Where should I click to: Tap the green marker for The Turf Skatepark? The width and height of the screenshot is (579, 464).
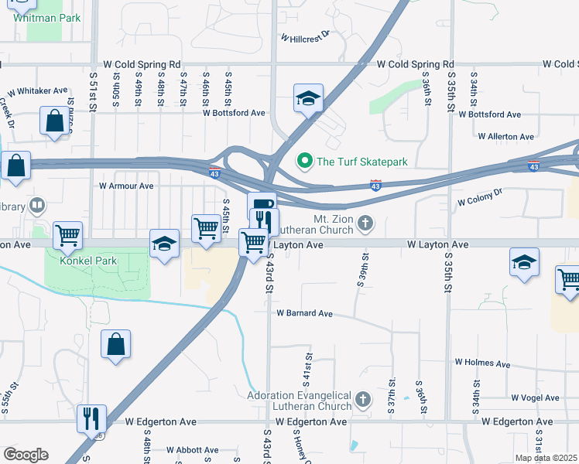coord(305,162)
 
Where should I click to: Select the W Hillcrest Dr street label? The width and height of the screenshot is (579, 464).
coord(305,36)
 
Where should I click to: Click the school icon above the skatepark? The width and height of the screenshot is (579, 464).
coord(308,99)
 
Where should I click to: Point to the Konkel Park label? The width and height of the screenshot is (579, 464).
coord(91,261)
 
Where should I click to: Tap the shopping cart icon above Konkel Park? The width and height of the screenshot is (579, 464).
coord(68,234)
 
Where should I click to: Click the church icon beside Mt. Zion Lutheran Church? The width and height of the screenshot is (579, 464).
coord(365,224)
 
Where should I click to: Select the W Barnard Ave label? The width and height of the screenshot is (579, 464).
coord(304,314)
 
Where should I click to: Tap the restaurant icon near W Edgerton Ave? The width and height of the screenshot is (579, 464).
coord(91,418)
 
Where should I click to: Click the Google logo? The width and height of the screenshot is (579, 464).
coord(25,455)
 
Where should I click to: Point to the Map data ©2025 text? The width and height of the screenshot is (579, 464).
coord(546,458)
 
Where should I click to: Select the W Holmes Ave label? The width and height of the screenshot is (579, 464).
coord(482,363)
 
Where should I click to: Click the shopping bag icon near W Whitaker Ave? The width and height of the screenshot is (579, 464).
coord(54,121)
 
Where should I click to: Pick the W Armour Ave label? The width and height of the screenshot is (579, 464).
coord(126,186)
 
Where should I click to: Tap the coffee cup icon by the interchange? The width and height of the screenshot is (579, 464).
coord(262,205)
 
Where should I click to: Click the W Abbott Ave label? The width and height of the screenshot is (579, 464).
coord(186,450)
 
